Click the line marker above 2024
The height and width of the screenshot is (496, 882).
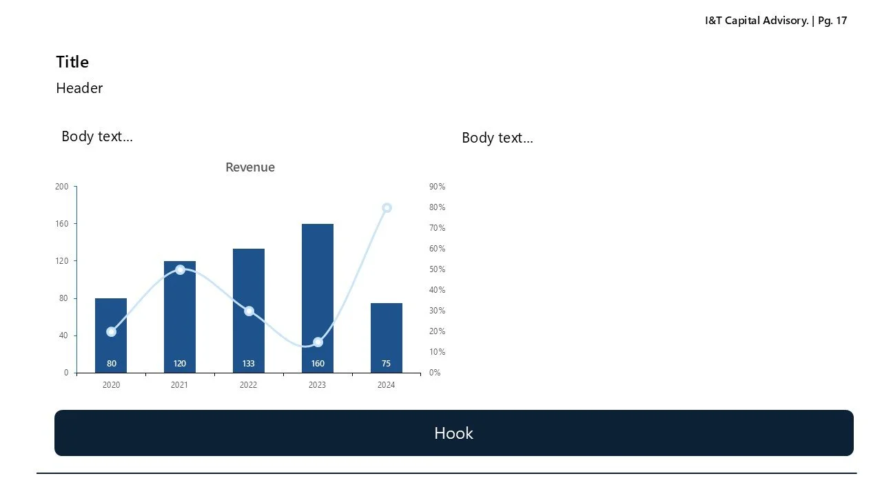click(x=387, y=207)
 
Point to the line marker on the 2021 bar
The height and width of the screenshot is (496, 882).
click(x=180, y=269)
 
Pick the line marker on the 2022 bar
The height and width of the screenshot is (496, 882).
click(x=249, y=311)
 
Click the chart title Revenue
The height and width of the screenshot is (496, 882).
click(x=250, y=167)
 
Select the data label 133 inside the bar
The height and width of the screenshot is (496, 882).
click(x=249, y=364)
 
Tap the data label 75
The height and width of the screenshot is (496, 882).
click(x=386, y=364)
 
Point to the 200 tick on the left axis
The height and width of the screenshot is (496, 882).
click(x=62, y=187)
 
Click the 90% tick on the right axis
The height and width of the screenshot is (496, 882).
click(x=437, y=187)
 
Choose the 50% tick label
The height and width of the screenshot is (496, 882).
click(x=437, y=269)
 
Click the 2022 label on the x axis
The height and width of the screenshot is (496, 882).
click(x=249, y=385)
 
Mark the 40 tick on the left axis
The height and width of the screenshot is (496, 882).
click(x=64, y=335)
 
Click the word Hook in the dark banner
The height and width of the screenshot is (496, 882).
click(x=453, y=433)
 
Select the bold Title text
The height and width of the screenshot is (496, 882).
click(x=72, y=62)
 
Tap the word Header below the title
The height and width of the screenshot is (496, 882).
click(x=79, y=88)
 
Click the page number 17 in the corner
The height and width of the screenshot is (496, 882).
click(x=841, y=21)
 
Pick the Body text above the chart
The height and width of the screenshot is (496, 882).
click(x=97, y=136)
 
